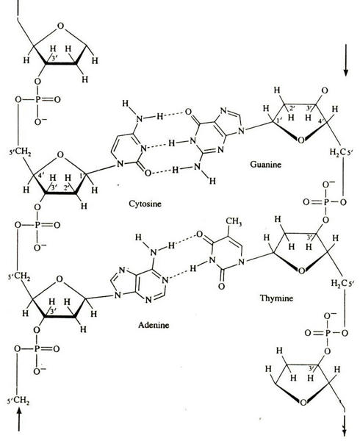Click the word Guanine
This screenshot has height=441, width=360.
[x=265, y=164]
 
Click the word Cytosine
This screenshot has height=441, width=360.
[x=145, y=204]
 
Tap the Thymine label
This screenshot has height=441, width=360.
[x=276, y=298]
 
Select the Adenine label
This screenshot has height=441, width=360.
[x=154, y=325]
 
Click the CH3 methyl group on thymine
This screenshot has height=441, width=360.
[x=234, y=222]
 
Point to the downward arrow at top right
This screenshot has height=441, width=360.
[x=345, y=60]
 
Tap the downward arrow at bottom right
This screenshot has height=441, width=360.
[x=344, y=427]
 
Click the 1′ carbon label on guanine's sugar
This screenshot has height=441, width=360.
[x=279, y=121]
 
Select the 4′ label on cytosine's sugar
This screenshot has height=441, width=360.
[x=41, y=176]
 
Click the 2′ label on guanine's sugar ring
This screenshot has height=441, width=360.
[x=292, y=109]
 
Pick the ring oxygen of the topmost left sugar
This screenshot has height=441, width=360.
[x=60, y=26]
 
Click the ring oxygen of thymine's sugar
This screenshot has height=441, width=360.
[x=301, y=270]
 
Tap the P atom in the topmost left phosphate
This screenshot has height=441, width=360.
[x=37, y=99]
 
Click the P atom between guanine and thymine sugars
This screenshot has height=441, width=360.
[x=325, y=202]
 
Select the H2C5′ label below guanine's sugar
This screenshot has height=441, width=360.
[x=339, y=153]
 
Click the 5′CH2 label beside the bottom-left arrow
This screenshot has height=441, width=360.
[x=18, y=401]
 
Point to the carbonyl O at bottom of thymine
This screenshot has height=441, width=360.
[x=221, y=287]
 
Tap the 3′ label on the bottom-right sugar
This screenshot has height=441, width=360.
[x=312, y=368]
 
